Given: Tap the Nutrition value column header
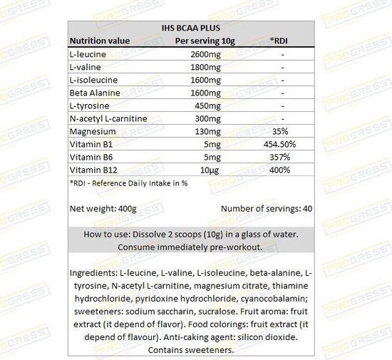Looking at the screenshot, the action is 99,41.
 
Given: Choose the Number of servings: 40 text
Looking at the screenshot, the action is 267,209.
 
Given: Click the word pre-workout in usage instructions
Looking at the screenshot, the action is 232,247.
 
